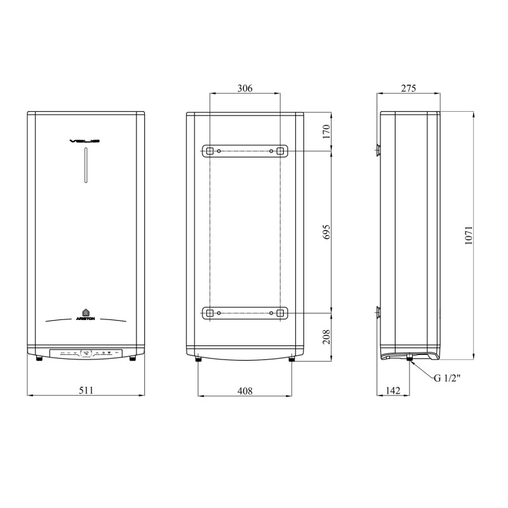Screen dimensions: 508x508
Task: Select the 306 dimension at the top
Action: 244,89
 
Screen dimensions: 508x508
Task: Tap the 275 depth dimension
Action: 408,89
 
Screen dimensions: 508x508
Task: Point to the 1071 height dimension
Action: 469,236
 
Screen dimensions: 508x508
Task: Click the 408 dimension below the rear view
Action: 244,391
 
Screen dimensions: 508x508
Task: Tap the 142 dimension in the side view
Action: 393,391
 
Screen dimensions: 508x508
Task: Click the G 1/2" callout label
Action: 447,378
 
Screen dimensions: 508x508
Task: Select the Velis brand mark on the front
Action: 86,141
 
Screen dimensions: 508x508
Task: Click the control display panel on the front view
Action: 86,351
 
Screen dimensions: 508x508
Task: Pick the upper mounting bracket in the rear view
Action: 244,151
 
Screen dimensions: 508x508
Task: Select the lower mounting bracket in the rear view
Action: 244,313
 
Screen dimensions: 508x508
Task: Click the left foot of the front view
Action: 40,360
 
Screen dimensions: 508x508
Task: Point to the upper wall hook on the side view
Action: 377,150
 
